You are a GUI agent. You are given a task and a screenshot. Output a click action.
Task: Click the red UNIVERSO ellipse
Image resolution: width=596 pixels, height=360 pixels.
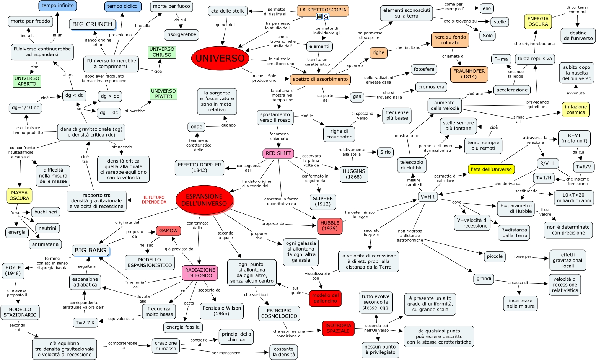[x=220, y=58]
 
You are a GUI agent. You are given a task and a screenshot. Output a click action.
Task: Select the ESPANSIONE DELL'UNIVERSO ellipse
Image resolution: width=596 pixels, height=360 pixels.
[x=204, y=200]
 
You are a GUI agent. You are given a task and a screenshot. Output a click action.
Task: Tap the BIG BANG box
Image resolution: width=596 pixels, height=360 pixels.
[x=90, y=250]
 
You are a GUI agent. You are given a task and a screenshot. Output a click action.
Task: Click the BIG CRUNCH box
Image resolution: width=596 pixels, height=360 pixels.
[x=92, y=24]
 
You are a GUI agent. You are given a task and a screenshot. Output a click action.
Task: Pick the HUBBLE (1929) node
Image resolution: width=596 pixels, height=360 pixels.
[x=330, y=226]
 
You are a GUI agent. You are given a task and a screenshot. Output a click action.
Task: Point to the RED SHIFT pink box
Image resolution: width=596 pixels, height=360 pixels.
[x=278, y=153]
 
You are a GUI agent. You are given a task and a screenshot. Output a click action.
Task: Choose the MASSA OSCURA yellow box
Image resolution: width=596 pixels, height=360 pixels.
[x=20, y=195]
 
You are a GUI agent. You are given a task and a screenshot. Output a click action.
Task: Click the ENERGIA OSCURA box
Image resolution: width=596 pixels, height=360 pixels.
[x=538, y=21]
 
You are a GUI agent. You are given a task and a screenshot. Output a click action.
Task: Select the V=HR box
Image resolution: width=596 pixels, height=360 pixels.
[x=427, y=197]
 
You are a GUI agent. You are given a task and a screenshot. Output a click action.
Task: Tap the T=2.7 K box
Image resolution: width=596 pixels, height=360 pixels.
[x=85, y=323]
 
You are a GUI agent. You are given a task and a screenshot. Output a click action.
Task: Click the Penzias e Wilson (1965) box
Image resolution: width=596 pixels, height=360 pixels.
[x=221, y=311]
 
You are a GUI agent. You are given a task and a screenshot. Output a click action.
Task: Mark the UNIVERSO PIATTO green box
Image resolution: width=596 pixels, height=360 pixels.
[x=163, y=94]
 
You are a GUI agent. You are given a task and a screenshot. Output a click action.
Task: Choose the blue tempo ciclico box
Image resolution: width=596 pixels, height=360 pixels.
[x=123, y=6]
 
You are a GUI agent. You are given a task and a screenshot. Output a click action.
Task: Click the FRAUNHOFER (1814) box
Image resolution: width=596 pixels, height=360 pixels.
[x=469, y=74]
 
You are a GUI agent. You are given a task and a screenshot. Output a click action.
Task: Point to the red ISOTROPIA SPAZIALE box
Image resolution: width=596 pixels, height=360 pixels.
[x=338, y=328]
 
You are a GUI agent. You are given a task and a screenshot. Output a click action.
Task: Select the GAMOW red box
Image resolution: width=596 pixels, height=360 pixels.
[x=168, y=231]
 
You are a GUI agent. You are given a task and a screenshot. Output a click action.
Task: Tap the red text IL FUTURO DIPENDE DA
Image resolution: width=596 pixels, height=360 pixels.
[x=154, y=200]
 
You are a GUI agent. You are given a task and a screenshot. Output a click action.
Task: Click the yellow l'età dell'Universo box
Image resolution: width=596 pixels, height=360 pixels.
[x=491, y=169]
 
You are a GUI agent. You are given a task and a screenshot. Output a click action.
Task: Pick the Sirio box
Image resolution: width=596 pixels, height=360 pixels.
[x=385, y=152]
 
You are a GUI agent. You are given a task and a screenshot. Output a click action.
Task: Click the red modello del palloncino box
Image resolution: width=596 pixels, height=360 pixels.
[x=325, y=298]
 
